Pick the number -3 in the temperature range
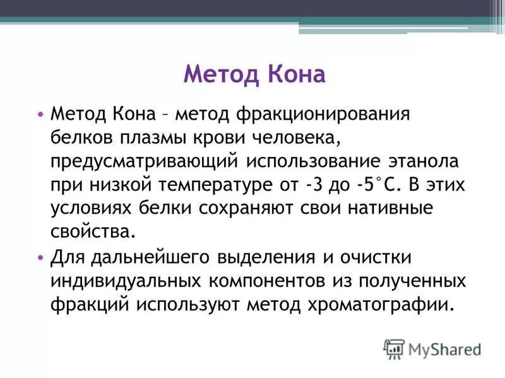click(329, 186)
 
